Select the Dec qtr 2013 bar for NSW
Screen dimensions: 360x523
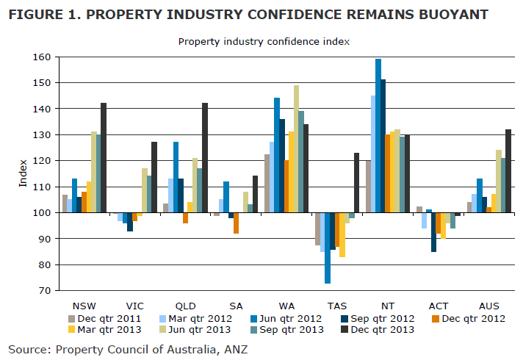104,158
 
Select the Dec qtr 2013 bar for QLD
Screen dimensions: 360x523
204,158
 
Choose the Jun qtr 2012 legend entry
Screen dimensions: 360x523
279,318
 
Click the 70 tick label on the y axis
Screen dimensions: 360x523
43,291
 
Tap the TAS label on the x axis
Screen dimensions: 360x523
337,305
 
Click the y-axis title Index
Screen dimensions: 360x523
22,173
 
